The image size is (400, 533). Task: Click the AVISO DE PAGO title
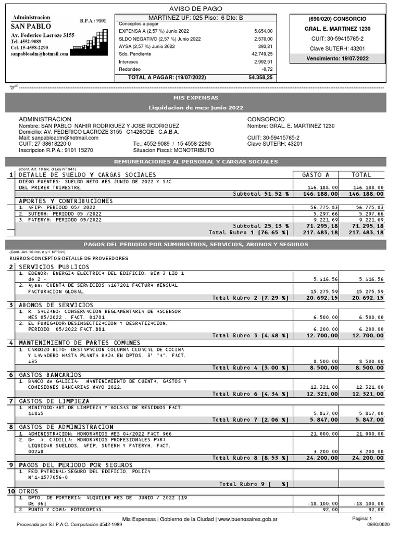[196, 9]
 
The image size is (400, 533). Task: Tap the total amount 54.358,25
[260, 77]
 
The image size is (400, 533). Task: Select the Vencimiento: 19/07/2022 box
[337, 59]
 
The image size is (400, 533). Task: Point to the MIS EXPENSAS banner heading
[196, 98]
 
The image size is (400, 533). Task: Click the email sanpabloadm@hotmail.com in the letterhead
[40, 54]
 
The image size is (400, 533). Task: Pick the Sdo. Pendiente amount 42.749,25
[261, 54]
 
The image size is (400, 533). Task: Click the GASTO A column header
[316, 175]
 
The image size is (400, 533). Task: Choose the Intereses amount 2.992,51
[263, 61]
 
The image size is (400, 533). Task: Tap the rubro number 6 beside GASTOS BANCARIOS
[10, 375]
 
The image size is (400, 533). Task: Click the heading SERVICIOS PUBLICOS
[54, 267]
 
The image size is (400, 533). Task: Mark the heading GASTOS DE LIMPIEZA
[54, 401]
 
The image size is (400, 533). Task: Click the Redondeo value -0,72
[267, 69]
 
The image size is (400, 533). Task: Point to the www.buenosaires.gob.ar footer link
[247, 519]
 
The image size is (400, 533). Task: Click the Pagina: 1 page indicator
[362, 518]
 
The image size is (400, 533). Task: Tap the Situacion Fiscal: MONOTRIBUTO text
[170, 150]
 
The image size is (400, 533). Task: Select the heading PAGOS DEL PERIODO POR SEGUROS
[76, 465]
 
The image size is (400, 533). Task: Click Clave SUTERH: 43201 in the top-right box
[337, 48]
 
